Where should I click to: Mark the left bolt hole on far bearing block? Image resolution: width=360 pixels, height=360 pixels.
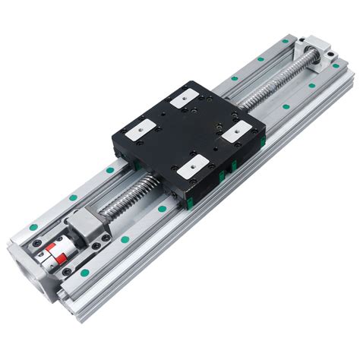[303, 39]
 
